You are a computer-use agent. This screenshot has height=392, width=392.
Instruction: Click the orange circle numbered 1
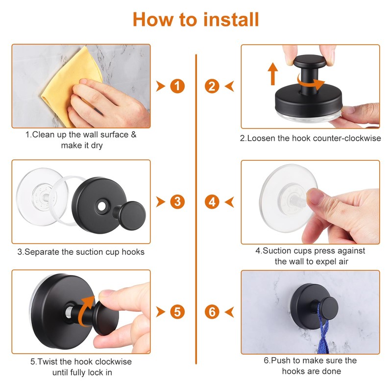[x=177, y=86]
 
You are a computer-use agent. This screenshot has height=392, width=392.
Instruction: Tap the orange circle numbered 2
[x=212, y=86]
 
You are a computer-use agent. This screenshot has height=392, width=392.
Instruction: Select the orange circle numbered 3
[x=177, y=202]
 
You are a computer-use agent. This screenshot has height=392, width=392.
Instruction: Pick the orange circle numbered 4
[x=212, y=202]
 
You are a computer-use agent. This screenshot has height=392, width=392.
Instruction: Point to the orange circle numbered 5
[x=177, y=312]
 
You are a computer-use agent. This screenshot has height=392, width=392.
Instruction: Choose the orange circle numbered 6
[x=212, y=312]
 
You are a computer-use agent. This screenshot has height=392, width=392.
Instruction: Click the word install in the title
[x=231, y=20]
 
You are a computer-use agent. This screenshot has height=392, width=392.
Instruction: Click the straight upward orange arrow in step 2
[x=273, y=74]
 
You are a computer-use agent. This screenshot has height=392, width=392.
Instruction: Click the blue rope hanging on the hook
[x=323, y=330]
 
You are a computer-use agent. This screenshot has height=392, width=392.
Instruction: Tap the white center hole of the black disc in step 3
[x=102, y=206]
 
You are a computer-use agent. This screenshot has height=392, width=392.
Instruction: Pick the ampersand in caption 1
[x=134, y=134]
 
